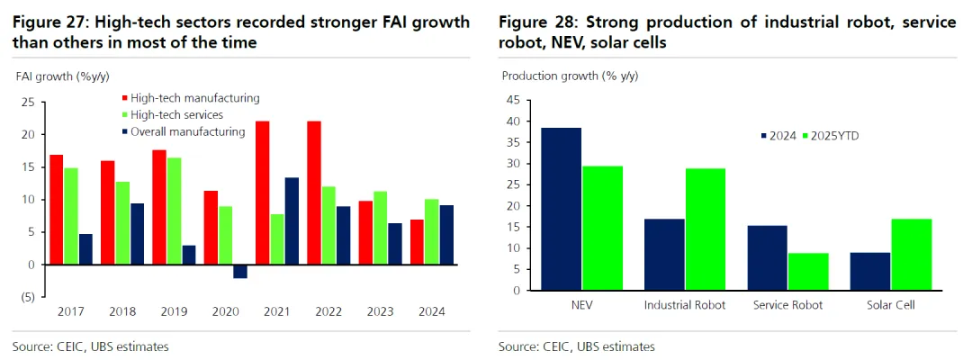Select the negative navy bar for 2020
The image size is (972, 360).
click(x=240, y=272)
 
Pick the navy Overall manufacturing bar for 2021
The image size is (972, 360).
click(x=292, y=220)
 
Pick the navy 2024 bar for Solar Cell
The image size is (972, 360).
click(x=870, y=271)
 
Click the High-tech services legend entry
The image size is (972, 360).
click(x=176, y=114)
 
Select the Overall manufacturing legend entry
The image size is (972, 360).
click(x=187, y=131)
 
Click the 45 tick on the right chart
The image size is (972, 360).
click(x=514, y=100)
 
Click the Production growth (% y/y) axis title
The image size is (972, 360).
click(x=569, y=76)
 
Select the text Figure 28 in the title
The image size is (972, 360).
click(x=538, y=22)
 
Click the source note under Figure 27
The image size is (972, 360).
click(x=90, y=346)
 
